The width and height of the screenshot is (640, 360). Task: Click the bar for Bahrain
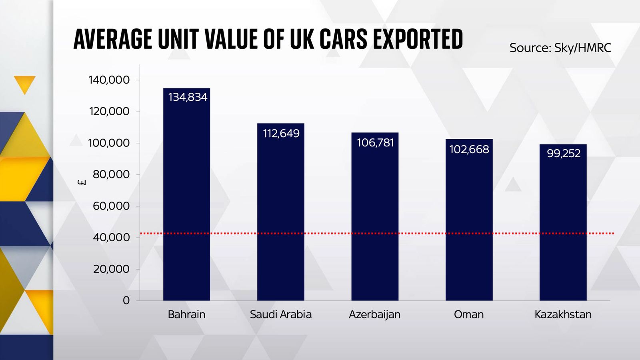click(186, 200)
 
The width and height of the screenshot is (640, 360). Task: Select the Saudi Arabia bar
click(280, 216)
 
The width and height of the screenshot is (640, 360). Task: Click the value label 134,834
click(188, 97)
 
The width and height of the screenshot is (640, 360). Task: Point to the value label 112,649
click(281, 133)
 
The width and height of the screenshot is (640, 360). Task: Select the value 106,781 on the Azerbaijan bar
click(375, 143)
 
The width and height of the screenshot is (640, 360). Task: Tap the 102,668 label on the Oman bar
click(469, 149)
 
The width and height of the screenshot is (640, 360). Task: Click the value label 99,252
click(563, 154)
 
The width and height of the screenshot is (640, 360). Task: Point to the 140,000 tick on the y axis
click(109, 80)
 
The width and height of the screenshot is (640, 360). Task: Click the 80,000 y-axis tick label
click(111, 174)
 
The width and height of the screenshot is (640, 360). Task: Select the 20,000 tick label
click(111, 269)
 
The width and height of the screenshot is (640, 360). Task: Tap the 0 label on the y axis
click(126, 300)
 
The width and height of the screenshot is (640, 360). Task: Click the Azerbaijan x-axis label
click(374, 314)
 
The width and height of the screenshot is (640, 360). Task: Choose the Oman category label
click(468, 314)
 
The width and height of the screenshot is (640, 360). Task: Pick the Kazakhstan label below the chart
click(563, 314)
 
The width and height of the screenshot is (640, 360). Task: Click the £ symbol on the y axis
click(82, 182)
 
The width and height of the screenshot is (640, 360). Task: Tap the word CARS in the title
click(342, 39)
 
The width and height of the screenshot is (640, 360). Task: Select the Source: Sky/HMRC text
click(560, 48)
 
